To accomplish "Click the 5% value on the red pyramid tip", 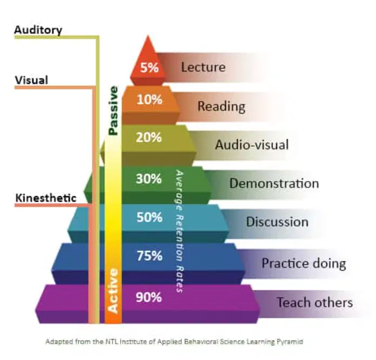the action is (150, 68).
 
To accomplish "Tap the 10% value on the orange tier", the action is (150, 99).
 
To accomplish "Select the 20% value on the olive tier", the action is (149, 137).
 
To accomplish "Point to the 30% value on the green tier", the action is (149, 179).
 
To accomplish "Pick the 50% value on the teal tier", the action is (150, 217).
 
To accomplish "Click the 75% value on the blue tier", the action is (150, 256).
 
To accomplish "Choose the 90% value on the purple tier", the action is (149, 297).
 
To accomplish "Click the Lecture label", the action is (203, 67).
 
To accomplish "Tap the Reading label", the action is (221, 106).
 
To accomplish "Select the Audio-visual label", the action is (252, 145).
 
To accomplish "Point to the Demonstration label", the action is (274, 184).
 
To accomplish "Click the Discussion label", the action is (277, 222).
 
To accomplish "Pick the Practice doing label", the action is (304, 264).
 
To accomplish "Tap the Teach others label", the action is (315, 302).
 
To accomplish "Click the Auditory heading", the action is (38, 30).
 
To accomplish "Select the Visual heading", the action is (31, 80).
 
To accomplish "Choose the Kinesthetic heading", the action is (46, 198).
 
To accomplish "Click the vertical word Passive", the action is (113, 111).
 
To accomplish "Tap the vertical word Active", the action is (113, 291).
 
